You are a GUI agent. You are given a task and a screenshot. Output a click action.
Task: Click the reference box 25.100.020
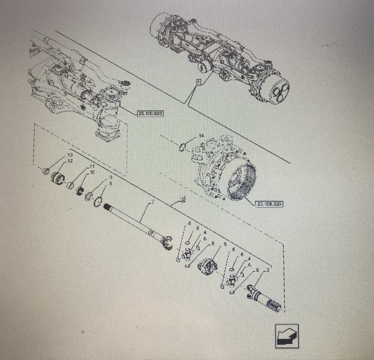coord(151,113)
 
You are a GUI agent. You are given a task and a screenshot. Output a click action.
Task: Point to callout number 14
coord(201,135)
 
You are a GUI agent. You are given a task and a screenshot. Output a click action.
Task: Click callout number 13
coord(70,155)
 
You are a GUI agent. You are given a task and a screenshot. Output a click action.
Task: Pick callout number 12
coord(70,161)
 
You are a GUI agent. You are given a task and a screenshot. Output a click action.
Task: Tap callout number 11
coord(91,166)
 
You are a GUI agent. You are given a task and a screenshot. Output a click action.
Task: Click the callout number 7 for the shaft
coord(153,203)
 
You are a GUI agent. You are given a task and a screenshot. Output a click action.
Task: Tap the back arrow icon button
coord(286,336)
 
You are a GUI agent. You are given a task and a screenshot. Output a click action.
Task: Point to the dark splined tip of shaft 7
coord(110,206)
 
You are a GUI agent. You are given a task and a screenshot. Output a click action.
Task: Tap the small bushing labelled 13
coord(46,171)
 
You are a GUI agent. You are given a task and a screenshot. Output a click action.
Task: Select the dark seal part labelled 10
coord(80,191)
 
